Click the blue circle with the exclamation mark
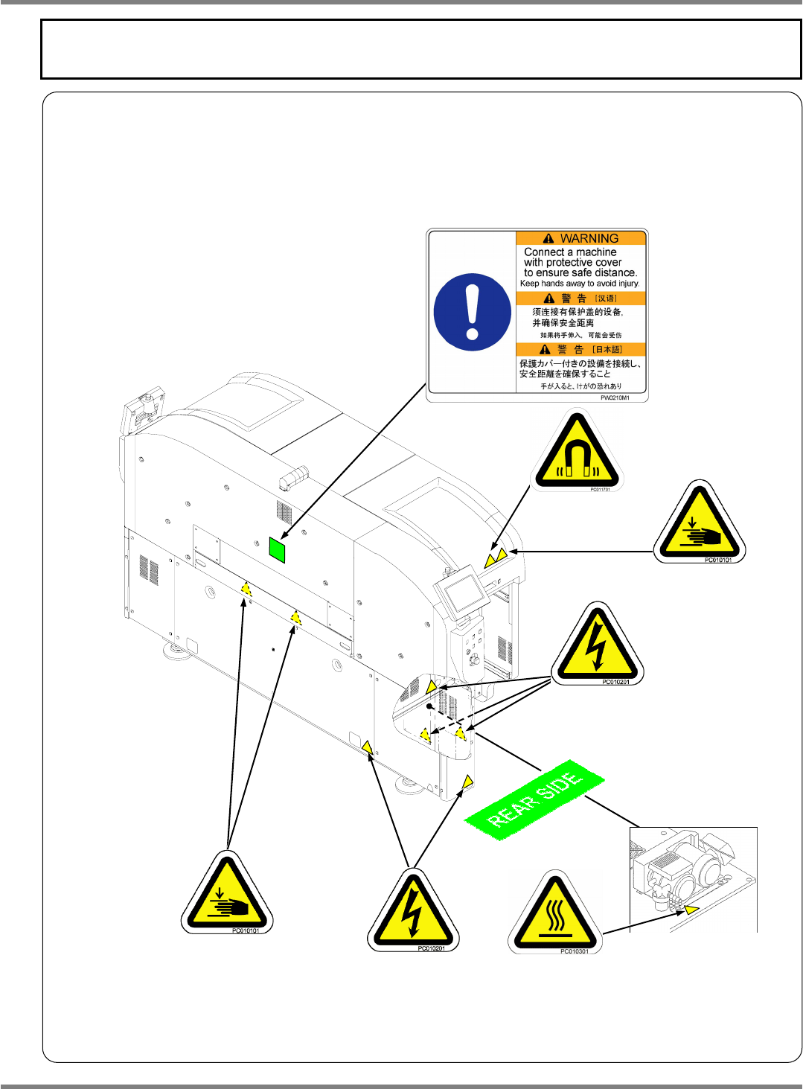click(x=472, y=312)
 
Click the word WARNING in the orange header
click(x=589, y=238)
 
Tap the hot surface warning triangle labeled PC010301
click(x=554, y=913)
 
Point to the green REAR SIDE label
click(x=534, y=800)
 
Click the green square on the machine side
click(x=277, y=550)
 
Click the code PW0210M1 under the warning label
click(x=615, y=398)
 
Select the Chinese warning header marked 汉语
click(x=581, y=298)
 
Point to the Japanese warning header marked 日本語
click(x=581, y=349)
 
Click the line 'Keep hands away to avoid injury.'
click(x=580, y=284)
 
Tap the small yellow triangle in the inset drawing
click(x=692, y=909)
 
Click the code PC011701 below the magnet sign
click(x=600, y=490)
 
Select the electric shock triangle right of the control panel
click(x=596, y=645)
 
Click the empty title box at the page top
click(x=420, y=49)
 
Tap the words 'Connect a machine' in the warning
click(x=570, y=252)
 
